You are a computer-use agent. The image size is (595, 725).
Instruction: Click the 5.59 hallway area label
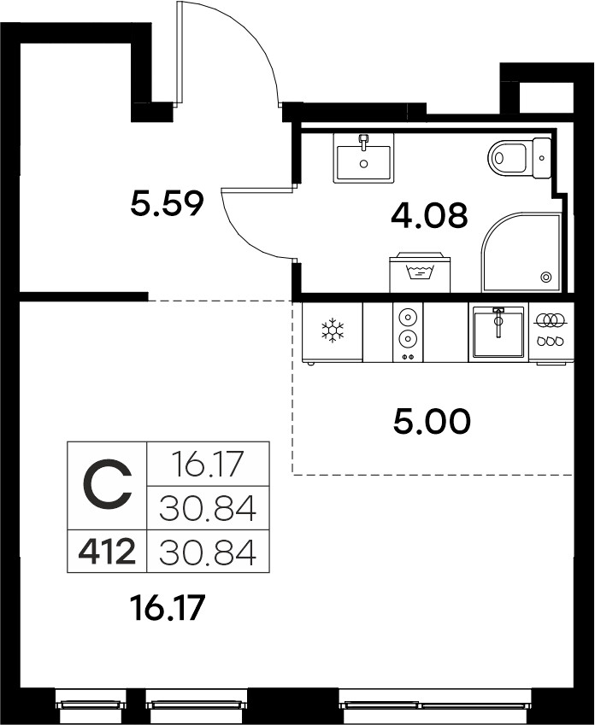(x=167, y=204)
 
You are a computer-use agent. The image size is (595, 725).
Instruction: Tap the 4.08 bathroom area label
(x=429, y=215)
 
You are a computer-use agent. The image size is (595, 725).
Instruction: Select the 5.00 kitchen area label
(x=432, y=422)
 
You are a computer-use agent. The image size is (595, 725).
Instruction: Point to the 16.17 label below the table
(x=168, y=608)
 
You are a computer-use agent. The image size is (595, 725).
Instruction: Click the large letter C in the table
(x=108, y=485)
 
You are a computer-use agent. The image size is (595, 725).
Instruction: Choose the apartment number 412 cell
(x=107, y=552)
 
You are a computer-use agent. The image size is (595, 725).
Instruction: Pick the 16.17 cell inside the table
(x=208, y=464)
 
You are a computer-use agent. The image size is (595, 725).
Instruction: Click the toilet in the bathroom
(x=520, y=158)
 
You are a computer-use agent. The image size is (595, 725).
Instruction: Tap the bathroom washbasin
(x=363, y=158)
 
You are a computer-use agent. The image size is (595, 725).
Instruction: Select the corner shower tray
(x=521, y=252)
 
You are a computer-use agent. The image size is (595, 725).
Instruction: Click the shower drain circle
(x=546, y=277)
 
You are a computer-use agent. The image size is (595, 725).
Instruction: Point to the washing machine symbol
(x=420, y=272)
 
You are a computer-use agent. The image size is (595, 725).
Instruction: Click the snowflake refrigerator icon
(x=333, y=330)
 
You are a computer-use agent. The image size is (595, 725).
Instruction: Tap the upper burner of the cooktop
(x=408, y=318)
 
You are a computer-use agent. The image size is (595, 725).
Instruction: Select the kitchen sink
(x=498, y=332)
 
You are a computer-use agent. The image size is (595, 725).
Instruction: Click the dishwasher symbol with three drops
(x=551, y=330)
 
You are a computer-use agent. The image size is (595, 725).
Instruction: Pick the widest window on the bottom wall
(x=435, y=706)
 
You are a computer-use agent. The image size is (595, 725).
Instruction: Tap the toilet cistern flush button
(x=542, y=158)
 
